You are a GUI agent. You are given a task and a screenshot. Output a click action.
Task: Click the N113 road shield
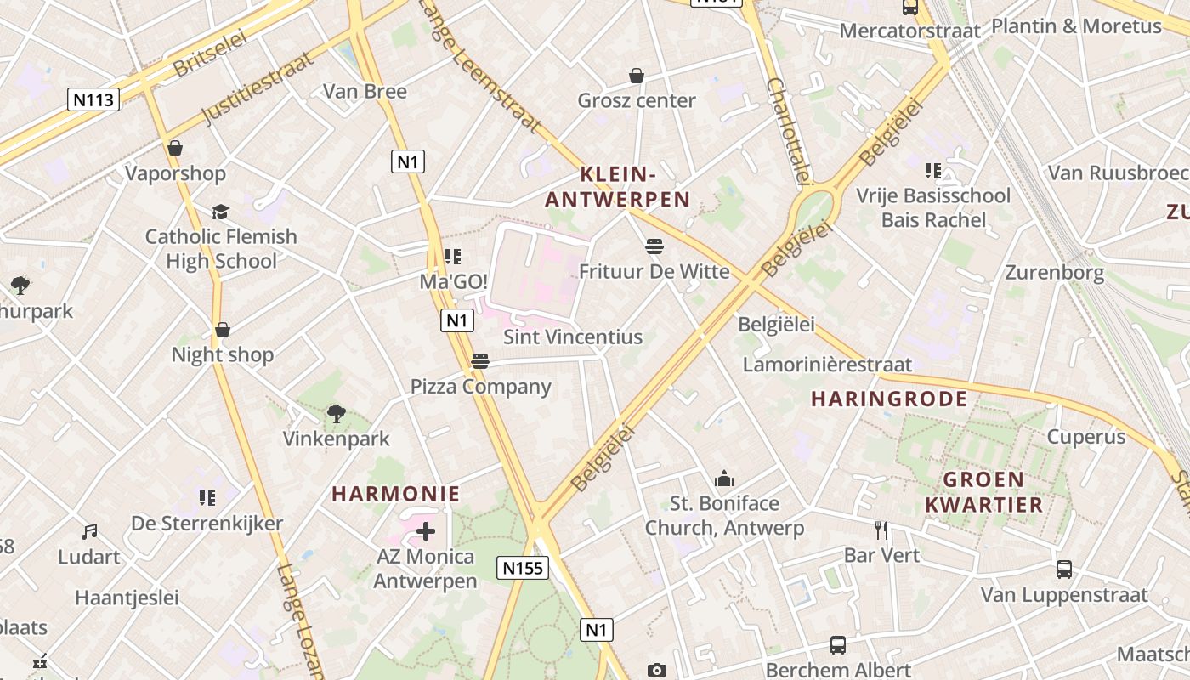(93, 99)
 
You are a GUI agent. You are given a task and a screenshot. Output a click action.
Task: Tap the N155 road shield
(522, 568)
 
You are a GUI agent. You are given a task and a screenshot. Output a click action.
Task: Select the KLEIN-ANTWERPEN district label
(617, 187)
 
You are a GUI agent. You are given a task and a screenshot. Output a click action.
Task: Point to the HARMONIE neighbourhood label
(395, 494)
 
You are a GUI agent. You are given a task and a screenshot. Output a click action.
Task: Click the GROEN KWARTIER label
(983, 492)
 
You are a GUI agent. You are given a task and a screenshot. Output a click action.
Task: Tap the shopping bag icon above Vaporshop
(175, 148)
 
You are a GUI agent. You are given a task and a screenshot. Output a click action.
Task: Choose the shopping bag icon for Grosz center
(636, 76)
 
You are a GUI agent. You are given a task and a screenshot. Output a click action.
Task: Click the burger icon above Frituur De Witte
(654, 246)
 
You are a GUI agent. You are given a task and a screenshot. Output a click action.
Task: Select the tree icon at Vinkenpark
(336, 414)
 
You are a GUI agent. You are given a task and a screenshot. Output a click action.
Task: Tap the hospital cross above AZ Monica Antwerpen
(426, 532)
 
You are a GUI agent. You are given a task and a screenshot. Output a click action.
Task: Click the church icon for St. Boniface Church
(724, 479)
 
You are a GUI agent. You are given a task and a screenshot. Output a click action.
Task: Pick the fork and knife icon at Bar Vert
(881, 530)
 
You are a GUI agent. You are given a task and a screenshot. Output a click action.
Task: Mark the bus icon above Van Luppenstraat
(1063, 569)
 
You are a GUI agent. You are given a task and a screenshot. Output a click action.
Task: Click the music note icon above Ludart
(89, 532)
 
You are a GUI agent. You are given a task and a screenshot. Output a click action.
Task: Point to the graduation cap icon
(221, 212)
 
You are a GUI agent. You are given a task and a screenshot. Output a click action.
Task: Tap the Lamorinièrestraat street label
(827, 365)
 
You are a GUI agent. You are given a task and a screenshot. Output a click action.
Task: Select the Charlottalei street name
(787, 132)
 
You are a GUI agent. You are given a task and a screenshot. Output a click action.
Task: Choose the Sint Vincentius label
(573, 337)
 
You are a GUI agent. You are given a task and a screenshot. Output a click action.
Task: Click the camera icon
(656, 671)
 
